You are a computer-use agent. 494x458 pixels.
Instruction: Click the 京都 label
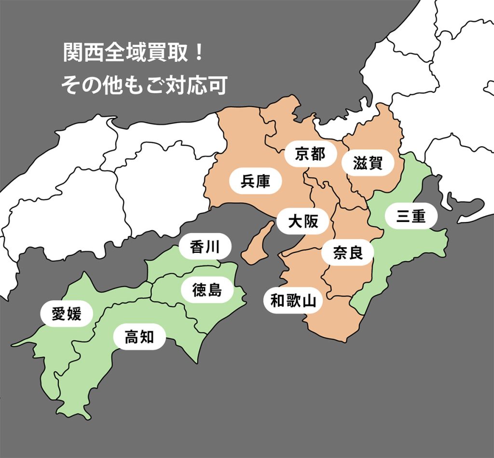tap(310, 154)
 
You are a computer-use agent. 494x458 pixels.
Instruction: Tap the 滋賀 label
tap(368, 164)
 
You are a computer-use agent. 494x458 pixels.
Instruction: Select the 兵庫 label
tap(256, 181)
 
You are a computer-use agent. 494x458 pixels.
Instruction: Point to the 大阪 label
tap(303, 222)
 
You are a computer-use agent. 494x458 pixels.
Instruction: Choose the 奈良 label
tap(348, 252)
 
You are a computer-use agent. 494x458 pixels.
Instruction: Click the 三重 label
tap(411, 217)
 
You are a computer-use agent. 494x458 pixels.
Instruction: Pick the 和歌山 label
tap(293, 301)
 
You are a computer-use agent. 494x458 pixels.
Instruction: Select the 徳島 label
tap(207, 290)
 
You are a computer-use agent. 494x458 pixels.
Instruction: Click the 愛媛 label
tap(67, 315)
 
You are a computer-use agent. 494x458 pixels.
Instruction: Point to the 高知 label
tap(139, 337)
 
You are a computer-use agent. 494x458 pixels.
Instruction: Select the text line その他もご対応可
tap(143, 85)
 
